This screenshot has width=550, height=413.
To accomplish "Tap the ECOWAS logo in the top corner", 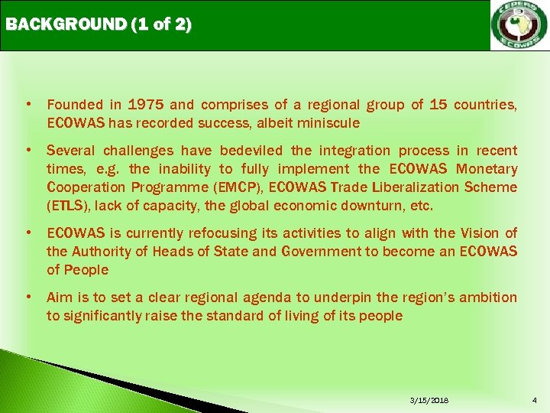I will tap(519, 26).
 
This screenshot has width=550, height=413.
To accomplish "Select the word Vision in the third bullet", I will tap(478, 233).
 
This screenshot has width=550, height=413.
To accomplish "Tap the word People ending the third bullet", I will tap(86, 270).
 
